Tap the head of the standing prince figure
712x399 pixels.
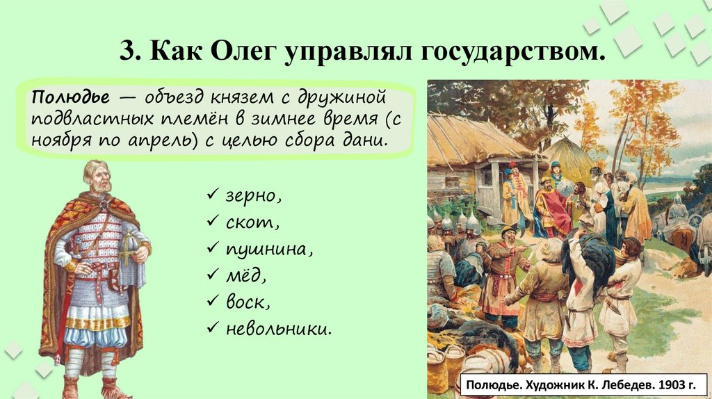[95, 176]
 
